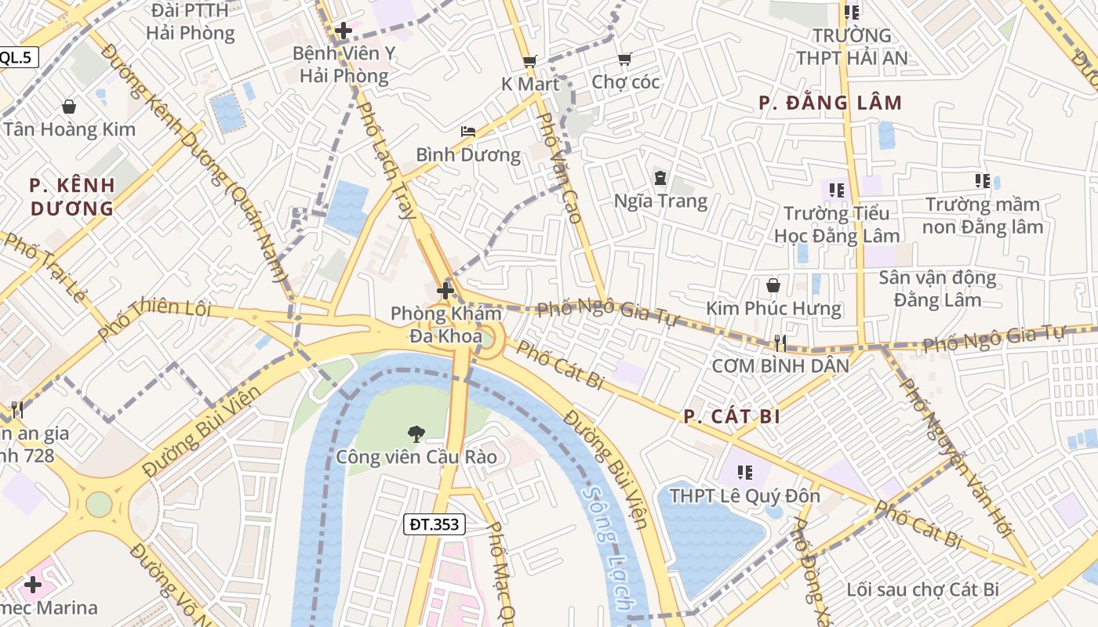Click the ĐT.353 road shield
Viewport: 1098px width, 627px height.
[x=434, y=524]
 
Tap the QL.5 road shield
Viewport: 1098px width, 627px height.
[x=16, y=56]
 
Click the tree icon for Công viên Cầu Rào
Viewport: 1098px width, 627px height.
[x=416, y=433]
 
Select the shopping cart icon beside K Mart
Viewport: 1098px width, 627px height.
[x=530, y=61]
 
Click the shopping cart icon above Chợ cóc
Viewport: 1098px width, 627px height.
[x=624, y=60]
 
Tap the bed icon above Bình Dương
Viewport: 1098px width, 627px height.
[x=468, y=132]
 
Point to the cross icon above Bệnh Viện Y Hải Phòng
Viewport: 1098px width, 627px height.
[x=343, y=31]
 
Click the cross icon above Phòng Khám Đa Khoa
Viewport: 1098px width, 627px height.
[x=445, y=292]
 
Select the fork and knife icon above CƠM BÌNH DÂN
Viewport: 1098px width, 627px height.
[x=780, y=342]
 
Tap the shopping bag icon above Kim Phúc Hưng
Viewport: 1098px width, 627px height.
[x=773, y=285]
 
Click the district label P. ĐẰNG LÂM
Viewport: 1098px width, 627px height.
[x=831, y=103]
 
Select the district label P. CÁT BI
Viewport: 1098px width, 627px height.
[x=732, y=416]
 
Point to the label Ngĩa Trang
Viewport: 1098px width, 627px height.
[x=660, y=201]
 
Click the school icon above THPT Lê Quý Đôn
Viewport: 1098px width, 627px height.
[x=744, y=473]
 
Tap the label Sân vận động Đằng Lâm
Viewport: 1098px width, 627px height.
[x=937, y=288]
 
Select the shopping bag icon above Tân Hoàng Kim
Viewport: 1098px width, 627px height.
[x=69, y=107]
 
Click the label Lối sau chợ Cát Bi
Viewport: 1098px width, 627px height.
[x=923, y=589]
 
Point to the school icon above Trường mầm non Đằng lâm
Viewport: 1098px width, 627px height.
[x=982, y=181]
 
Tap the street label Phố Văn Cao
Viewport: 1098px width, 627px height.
[x=562, y=168]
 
